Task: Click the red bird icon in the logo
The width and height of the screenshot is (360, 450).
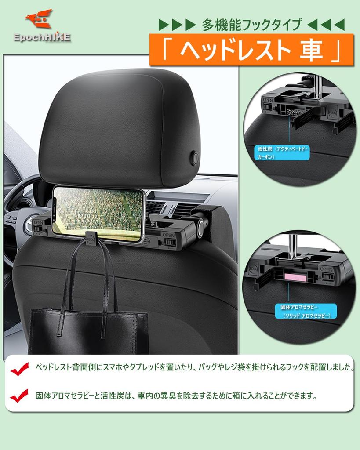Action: (39, 19)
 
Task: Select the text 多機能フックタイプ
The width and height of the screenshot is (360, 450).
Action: (252, 25)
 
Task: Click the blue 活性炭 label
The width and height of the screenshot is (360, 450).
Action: (283, 153)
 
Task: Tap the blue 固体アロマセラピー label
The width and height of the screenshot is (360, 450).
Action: (305, 311)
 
